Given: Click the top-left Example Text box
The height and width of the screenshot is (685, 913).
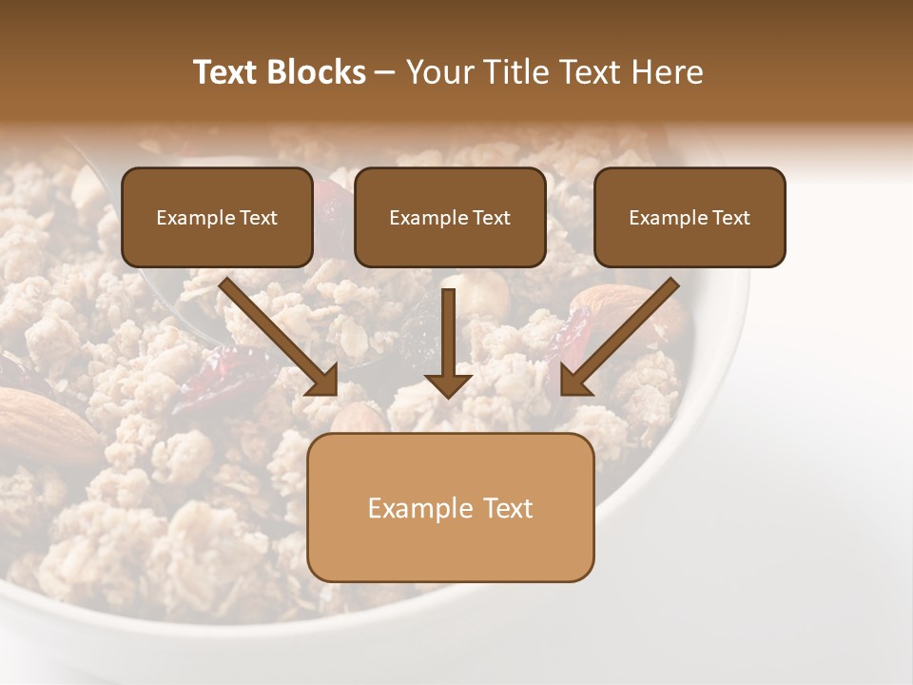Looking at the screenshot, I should [217, 217].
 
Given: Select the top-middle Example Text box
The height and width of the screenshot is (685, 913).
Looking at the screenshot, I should [450, 217].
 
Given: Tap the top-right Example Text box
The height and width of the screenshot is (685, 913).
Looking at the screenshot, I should [690, 217].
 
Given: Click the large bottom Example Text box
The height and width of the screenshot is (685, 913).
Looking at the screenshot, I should [450, 507].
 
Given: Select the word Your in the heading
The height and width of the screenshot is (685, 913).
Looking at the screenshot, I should [435, 72].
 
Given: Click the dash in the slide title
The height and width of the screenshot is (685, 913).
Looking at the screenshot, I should [385, 72].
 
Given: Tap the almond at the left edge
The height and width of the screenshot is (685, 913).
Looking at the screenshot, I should [43, 419].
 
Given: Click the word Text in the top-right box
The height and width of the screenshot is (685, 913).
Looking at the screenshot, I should [730, 218].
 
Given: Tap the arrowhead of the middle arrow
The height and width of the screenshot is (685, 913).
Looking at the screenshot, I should [448, 384].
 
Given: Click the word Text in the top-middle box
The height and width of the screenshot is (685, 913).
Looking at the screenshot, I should [491, 218].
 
